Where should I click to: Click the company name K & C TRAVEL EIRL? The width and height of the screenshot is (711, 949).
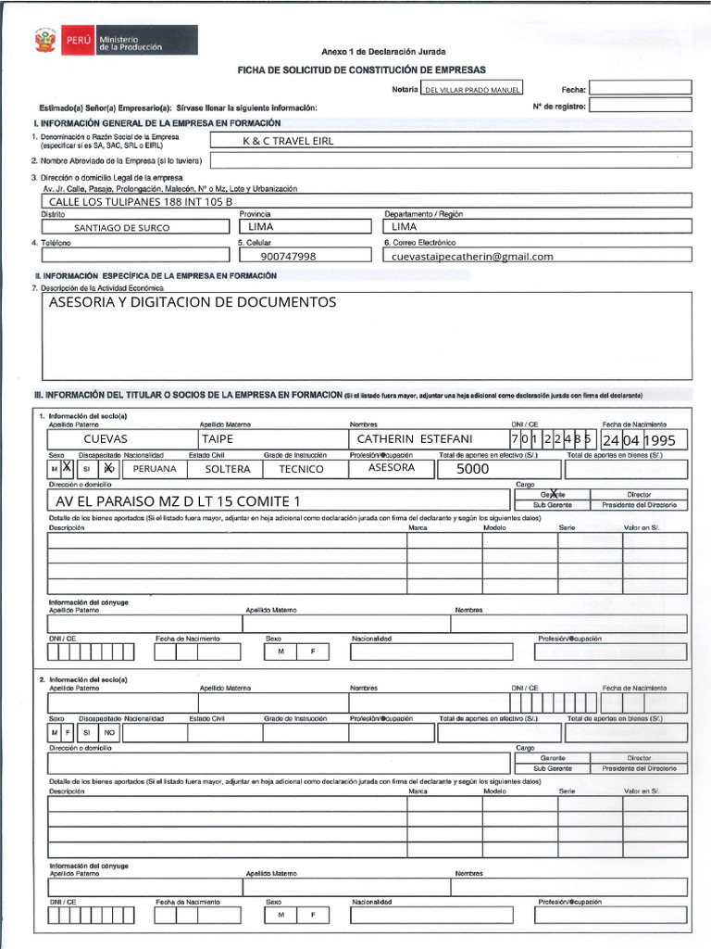tap(287, 141)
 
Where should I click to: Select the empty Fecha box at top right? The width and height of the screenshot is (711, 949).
tap(640, 88)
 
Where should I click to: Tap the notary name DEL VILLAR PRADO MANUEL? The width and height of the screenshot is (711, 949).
tap(471, 90)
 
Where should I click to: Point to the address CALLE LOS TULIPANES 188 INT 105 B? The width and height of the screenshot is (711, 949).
tap(140, 201)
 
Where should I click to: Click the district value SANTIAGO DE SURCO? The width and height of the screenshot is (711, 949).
tap(125, 227)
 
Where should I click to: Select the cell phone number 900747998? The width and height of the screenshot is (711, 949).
tap(288, 257)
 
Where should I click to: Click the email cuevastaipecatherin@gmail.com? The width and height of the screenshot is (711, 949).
tap(472, 257)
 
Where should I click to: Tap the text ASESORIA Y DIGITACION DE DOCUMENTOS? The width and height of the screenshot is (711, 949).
tap(193, 303)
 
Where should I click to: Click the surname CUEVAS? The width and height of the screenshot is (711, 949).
tap(106, 439)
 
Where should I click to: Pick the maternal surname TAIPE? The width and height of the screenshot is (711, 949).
tap(218, 439)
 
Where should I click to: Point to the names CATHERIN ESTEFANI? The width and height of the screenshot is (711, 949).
tap(414, 439)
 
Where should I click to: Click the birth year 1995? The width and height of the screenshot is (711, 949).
tap(666, 440)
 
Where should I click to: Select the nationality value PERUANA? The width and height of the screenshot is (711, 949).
tap(155, 469)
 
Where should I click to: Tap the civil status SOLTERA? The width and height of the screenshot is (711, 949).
tap(228, 469)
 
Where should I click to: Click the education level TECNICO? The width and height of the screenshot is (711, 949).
tap(302, 469)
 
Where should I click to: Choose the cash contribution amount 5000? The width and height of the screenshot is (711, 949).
tap(472, 469)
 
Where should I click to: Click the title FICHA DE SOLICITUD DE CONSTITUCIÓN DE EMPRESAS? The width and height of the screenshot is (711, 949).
tap(362, 70)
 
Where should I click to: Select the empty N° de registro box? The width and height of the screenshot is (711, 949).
tap(640, 106)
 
